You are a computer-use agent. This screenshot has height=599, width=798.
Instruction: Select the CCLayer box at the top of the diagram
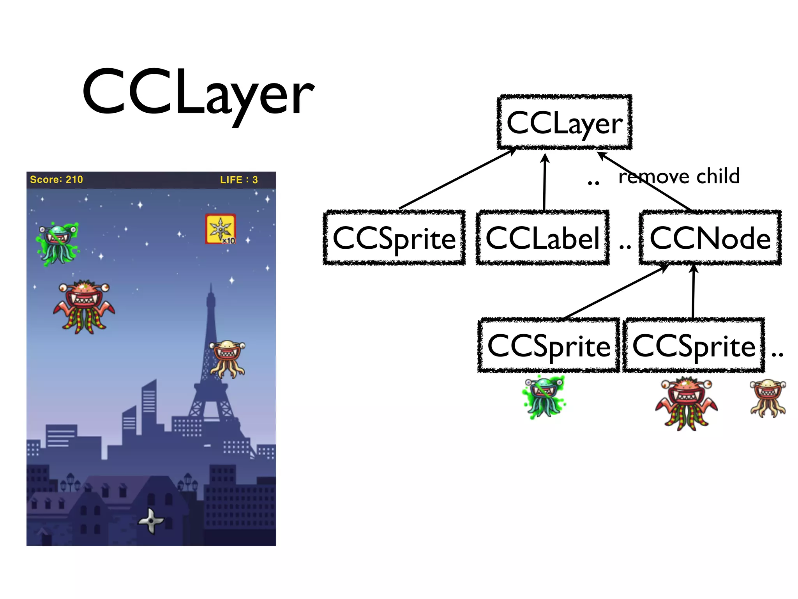[x=564, y=122]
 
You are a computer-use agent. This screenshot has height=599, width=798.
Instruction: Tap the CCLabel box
[x=542, y=238]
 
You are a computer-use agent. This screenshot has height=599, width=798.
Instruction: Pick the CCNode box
[x=710, y=238]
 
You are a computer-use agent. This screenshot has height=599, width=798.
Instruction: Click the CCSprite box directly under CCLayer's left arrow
[x=394, y=238]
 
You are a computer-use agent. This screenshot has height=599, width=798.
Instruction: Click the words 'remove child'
[x=679, y=176]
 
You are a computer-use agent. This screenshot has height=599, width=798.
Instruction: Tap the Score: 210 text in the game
[x=56, y=180]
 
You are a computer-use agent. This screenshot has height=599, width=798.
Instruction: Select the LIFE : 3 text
[x=238, y=180]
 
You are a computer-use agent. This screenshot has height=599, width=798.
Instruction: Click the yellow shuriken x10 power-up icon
[x=221, y=229]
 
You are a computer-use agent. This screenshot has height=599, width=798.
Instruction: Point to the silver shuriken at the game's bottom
[x=151, y=521]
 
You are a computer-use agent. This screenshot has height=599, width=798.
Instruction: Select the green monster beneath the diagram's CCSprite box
[x=544, y=397]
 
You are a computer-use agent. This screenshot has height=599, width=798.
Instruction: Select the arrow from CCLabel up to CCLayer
[x=544, y=181]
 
